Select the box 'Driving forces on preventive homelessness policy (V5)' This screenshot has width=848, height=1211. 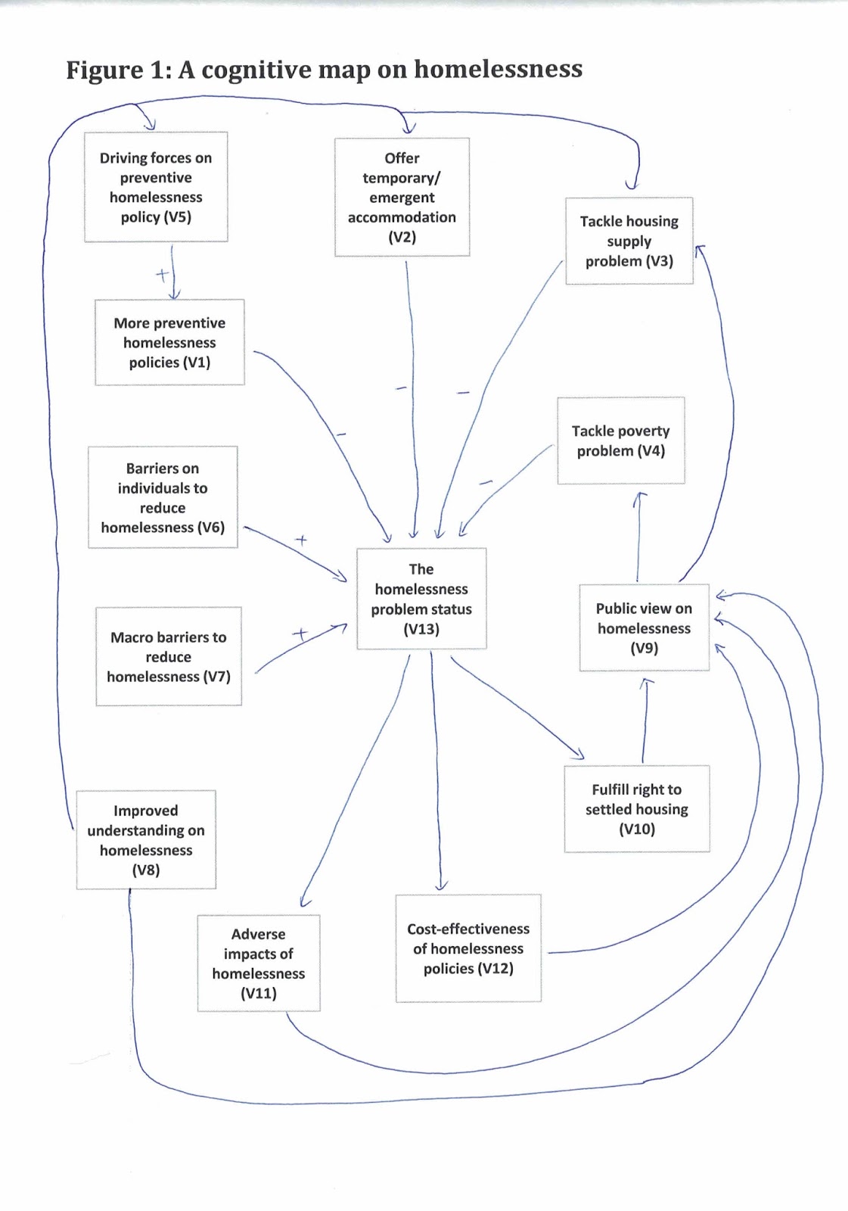point(156,187)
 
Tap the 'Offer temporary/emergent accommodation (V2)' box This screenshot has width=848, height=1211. point(402,197)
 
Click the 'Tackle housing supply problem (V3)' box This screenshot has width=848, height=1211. point(629,241)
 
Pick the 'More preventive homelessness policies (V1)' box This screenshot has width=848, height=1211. point(169,342)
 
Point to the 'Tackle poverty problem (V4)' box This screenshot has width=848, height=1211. point(620,441)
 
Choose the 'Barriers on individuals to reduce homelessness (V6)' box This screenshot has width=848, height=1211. point(163,497)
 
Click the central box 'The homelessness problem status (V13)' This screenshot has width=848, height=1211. point(421,599)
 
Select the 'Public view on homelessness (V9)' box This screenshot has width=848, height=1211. point(644,627)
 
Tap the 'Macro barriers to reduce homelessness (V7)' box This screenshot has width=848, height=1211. point(168,656)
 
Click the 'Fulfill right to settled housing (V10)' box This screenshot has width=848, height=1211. point(636,808)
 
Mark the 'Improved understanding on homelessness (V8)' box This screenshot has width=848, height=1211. point(146,839)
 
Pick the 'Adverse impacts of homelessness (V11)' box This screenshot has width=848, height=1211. point(258,963)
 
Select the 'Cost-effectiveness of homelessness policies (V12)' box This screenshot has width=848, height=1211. point(467,948)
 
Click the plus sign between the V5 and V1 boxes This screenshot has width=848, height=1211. point(162,274)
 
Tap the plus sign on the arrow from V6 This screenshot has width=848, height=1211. point(301,540)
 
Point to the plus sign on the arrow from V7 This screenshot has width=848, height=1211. point(300,634)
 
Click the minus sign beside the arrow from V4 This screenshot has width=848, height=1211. point(486,482)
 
